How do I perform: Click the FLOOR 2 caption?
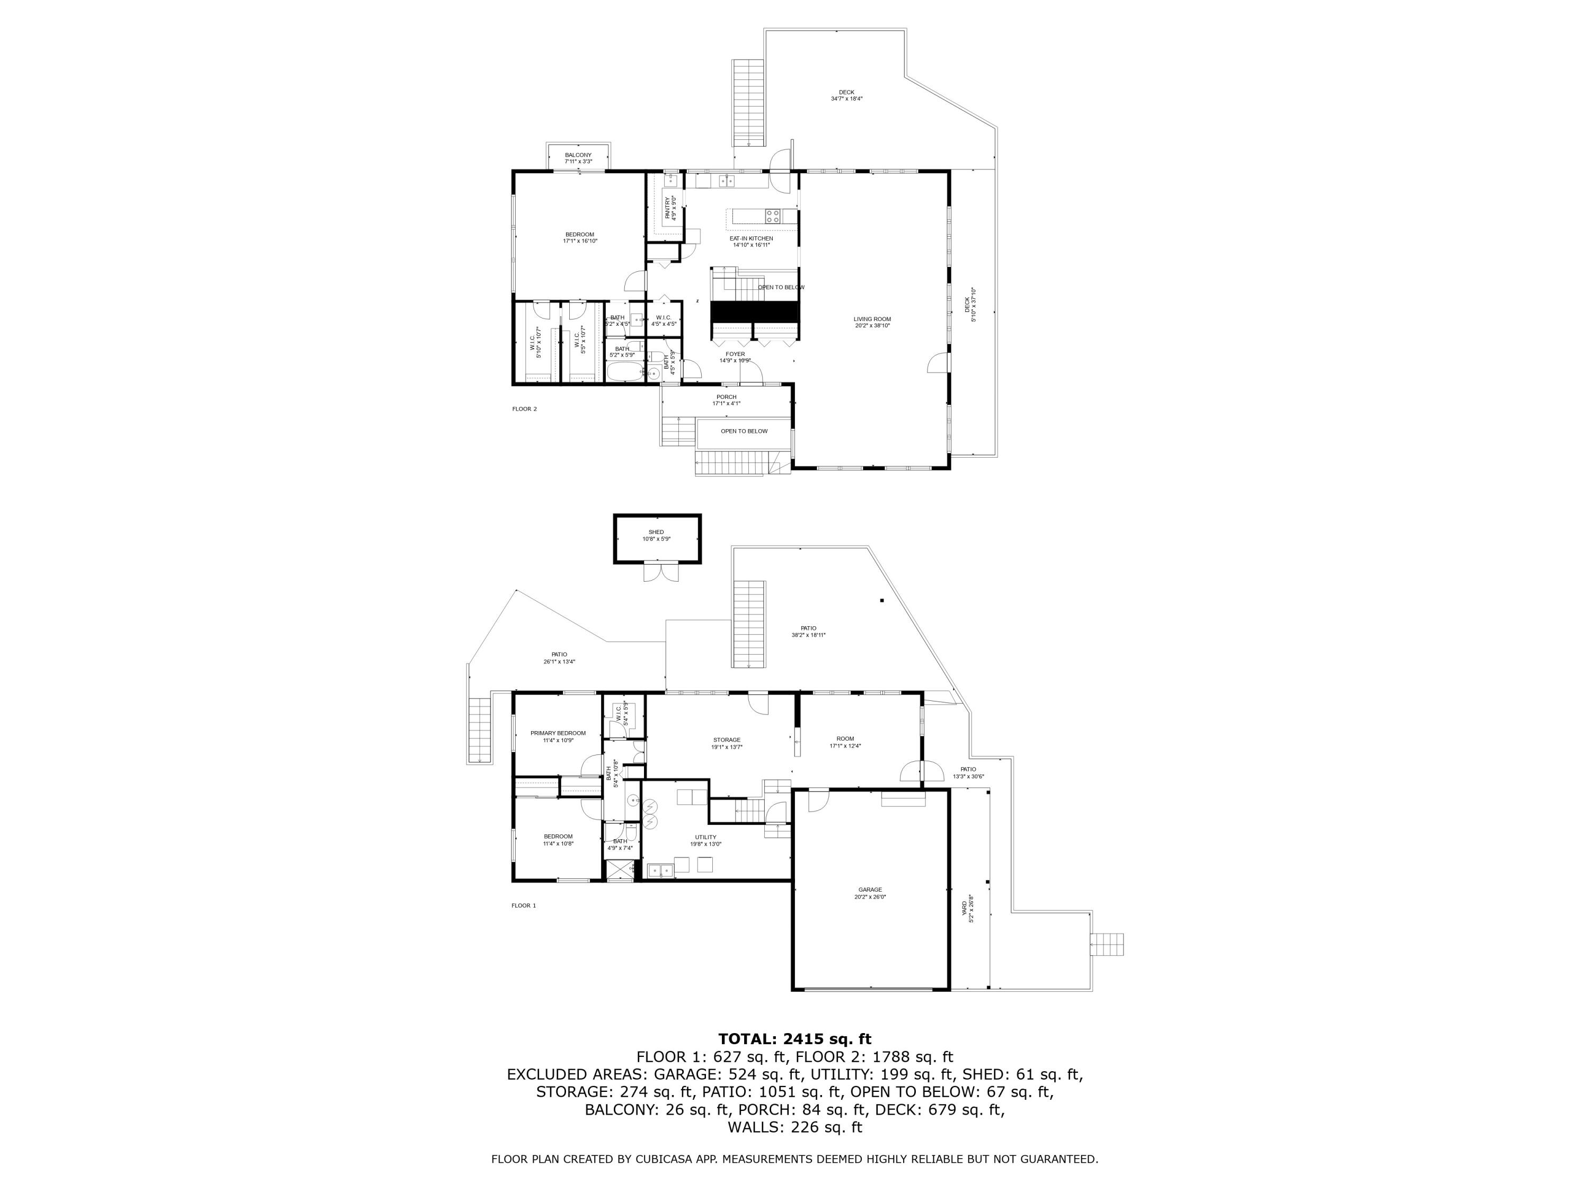(x=524, y=409)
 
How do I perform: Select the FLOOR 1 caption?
(x=523, y=905)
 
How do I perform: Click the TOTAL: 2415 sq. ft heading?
(x=794, y=1039)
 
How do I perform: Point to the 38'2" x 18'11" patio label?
(x=808, y=631)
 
